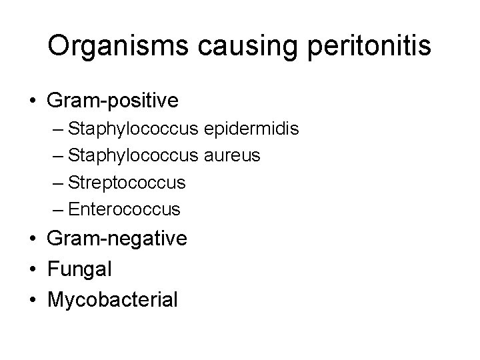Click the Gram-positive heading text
tap(113, 101)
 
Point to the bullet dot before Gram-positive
tap(32, 101)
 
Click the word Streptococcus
tap(127, 182)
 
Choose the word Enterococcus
tap(124, 209)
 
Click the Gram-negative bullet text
tap(117, 238)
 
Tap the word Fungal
tap(79, 269)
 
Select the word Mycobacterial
tap(112, 299)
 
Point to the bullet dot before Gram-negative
tap(32, 239)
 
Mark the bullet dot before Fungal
tap(32, 269)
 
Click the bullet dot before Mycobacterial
tap(32, 300)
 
